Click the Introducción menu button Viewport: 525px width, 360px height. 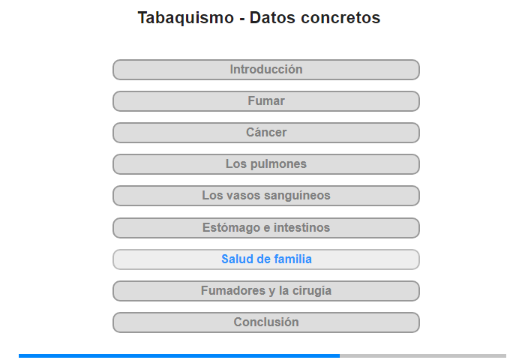(265, 70)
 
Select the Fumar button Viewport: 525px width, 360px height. (265, 101)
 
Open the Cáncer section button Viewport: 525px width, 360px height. (265, 133)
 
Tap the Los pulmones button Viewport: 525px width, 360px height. (265, 164)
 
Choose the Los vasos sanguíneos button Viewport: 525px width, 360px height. (265, 196)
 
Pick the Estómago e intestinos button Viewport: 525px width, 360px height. (265, 228)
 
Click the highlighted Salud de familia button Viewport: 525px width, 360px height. (265, 259)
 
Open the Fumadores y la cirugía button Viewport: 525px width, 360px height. (265, 291)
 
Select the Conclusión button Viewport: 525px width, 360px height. (265, 322)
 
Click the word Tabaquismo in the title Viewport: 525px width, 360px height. (186, 18)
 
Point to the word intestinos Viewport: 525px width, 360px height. (301, 228)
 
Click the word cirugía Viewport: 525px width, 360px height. (312, 291)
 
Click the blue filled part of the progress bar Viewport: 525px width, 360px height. (179, 356)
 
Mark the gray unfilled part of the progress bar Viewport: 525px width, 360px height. (423, 356)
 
